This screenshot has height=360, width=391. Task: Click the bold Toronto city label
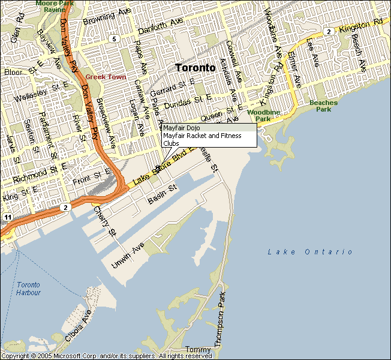[195, 68]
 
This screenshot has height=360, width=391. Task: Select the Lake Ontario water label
[310, 251]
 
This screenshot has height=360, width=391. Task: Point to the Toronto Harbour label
[29, 289]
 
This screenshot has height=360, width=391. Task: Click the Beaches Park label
[323, 106]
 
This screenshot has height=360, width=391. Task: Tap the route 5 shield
[113, 39]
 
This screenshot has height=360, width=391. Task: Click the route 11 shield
[7, 216]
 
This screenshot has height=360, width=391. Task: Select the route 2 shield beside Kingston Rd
[328, 31]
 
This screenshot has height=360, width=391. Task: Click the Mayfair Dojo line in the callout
[182, 128]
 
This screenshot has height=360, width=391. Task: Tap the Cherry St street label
[104, 221]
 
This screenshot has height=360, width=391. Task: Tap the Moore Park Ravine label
[53, 6]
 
